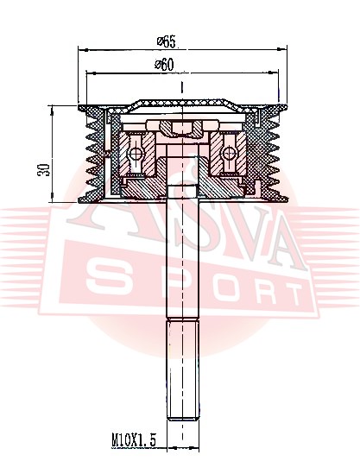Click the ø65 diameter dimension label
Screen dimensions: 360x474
click(x=167, y=41)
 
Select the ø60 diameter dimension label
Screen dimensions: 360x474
click(x=164, y=65)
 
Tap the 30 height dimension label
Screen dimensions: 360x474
click(x=43, y=170)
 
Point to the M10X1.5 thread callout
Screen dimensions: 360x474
click(x=134, y=439)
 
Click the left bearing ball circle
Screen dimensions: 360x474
click(x=135, y=154)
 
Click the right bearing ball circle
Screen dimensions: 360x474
click(x=230, y=154)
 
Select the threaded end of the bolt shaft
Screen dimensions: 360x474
click(x=183, y=370)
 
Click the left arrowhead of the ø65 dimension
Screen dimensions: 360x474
click(x=83, y=49)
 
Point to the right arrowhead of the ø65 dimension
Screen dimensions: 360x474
click(x=281, y=48)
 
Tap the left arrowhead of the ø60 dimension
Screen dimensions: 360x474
click(x=91, y=73)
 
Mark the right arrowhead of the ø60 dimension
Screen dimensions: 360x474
click(x=273, y=72)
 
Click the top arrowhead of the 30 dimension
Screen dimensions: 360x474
click(x=53, y=111)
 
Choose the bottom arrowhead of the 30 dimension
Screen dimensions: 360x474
click(x=53, y=197)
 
